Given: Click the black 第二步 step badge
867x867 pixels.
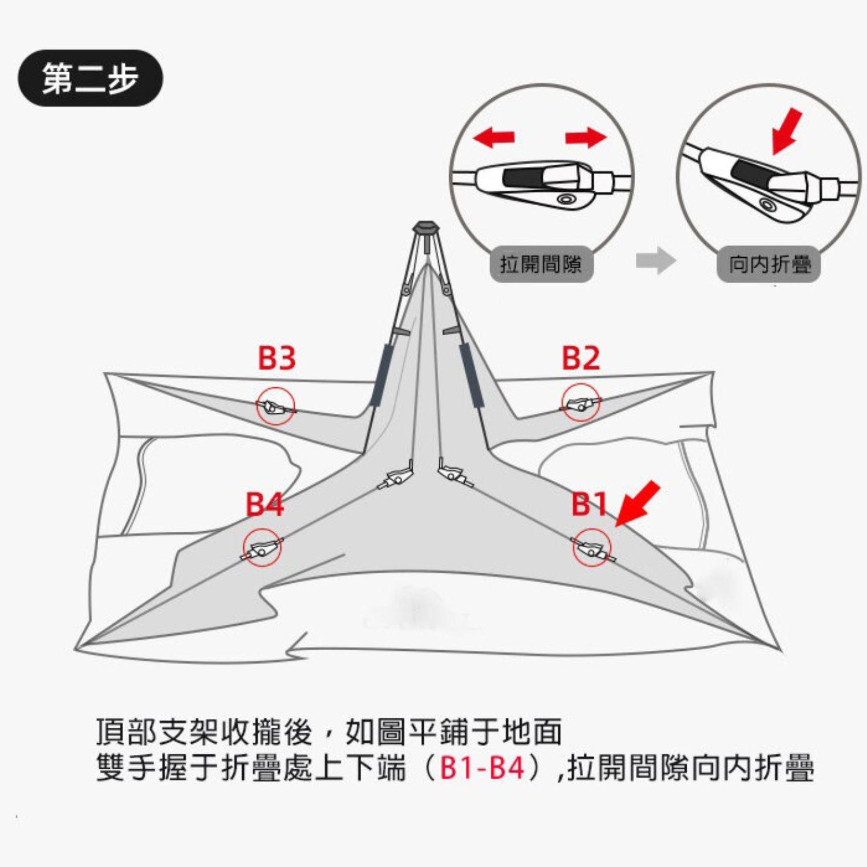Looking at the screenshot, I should coord(90,78).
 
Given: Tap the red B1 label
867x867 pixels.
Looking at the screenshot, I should coord(589,504).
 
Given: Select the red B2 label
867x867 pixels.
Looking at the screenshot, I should coord(581,358).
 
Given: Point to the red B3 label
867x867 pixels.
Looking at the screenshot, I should coord(276,358).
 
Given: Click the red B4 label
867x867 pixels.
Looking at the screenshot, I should coord(265,504).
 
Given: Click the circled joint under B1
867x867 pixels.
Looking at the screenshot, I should coord(591,547).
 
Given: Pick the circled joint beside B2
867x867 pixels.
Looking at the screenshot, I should coord(580,403).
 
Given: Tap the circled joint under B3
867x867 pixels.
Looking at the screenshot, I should coord(276,406).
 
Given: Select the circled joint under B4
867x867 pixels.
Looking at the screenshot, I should coord(261,547).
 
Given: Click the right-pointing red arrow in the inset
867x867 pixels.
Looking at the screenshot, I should coord(586,138).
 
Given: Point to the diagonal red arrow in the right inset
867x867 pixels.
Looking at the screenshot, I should coord(787,131).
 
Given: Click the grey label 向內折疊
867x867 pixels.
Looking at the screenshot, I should coord(769,265).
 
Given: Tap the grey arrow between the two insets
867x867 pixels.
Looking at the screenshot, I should coord(655,261).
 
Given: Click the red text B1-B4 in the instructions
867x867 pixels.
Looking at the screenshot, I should coord(482,768).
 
